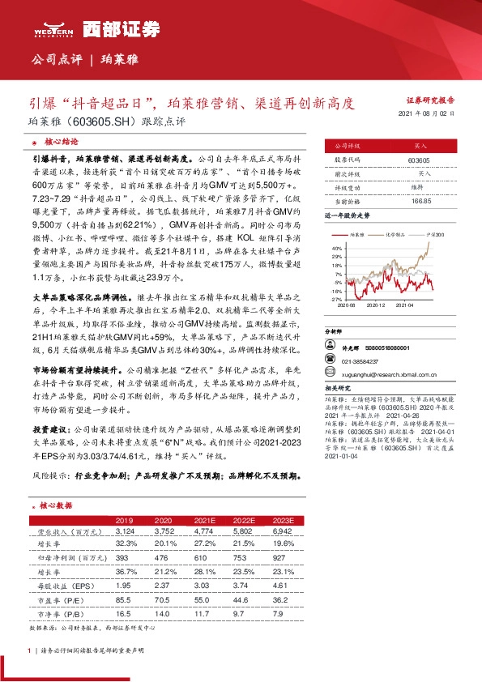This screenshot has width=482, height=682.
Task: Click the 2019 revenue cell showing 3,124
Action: click(x=124, y=530)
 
